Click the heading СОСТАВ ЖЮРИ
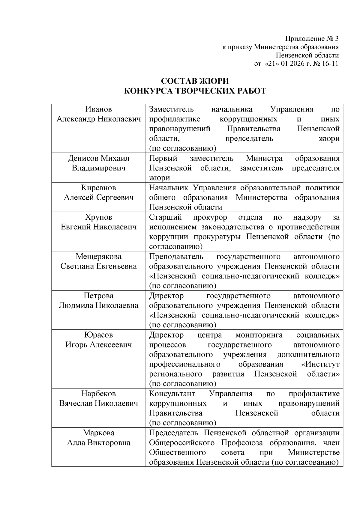point(195,81)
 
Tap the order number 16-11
point(330,64)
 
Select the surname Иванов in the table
point(98,109)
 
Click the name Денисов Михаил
point(98,158)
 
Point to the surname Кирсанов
point(98,188)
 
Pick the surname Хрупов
point(98,217)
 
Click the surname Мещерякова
point(98,257)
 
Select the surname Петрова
point(98,296)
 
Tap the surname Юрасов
point(98,335)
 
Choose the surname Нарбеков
point(98,394)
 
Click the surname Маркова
point(98,433)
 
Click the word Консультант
point(172,394)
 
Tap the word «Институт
point(320,364)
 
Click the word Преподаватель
point(176,257)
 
